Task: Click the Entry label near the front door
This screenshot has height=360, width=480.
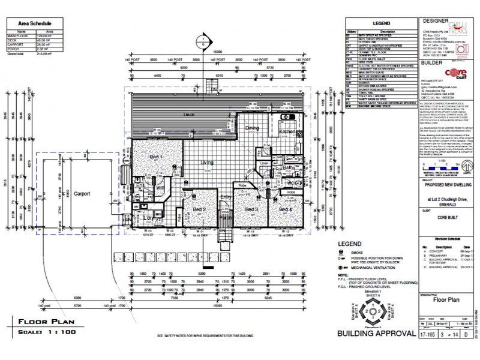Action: click(x=226, y=197)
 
